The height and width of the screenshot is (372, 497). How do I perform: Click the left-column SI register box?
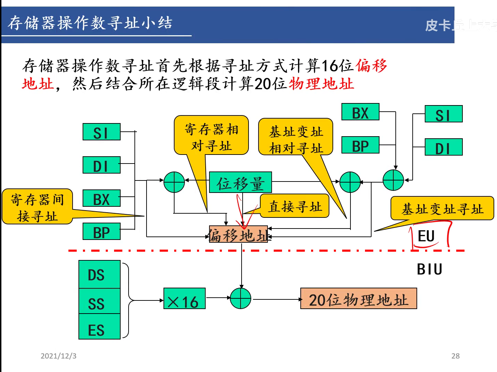(x=101, y=132)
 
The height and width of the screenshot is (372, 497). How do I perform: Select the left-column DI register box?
(x=101, y=165)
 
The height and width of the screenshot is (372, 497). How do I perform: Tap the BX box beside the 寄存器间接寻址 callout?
(x=101, y=198)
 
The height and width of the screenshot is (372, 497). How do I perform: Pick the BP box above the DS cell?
(x=101, y=232)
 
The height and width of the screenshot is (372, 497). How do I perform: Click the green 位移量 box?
(x=240, y=182)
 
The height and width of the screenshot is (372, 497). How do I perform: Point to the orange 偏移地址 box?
(x=238, y=234)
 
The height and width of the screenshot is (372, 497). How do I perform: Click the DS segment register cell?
(x=99, y=275)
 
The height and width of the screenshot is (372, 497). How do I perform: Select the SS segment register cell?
(x=99, y=302)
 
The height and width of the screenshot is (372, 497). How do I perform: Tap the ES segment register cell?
(x=99, y=327)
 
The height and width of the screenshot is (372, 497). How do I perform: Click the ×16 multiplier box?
(x=184, y=298)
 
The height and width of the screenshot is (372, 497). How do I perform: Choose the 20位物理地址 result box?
(x=358, y=298)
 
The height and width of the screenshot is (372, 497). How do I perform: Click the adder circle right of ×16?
(x=241, y=298)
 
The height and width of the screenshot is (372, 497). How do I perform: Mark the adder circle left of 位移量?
(x=174, y=182)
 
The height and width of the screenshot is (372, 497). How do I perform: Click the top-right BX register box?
(x=360, y=112)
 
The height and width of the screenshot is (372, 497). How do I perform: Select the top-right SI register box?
(x=443, y=114)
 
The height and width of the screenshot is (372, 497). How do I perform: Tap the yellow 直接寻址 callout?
(x=294, y=206)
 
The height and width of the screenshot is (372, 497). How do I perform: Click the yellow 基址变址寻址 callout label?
(x=442, y=208)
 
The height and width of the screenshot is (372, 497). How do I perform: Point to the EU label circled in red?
(x=426, y=236)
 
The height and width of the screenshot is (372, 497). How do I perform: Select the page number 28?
(x=455, y=356)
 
